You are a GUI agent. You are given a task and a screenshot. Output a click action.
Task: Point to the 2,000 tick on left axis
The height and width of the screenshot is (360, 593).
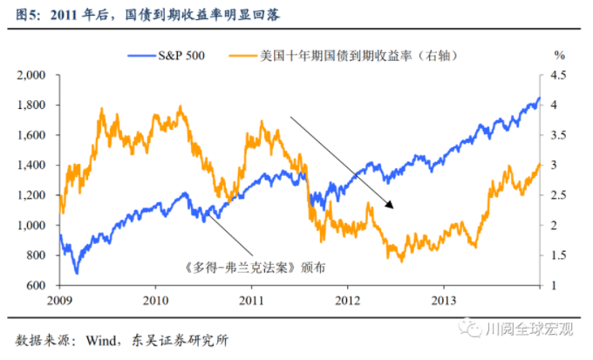tap(32, 75)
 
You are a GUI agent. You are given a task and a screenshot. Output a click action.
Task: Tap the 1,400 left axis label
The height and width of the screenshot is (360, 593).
tap(32, 165)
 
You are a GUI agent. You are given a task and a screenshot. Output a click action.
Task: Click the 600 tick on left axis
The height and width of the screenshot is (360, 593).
tap(37, 285)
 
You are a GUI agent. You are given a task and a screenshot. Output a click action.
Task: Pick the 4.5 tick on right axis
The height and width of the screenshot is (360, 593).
tap(559, 75)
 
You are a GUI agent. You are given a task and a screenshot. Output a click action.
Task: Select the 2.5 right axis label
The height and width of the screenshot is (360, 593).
tap(559, 195)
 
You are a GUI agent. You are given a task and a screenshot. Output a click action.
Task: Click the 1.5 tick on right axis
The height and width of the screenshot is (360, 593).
tap(559, 255)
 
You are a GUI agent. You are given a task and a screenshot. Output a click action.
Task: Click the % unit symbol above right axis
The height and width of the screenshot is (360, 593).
tap(559, 56)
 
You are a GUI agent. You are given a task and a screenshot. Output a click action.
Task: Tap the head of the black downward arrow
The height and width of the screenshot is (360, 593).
tap(393, 207)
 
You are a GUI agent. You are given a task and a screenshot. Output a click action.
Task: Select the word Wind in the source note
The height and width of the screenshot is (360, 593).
tap(99, 338)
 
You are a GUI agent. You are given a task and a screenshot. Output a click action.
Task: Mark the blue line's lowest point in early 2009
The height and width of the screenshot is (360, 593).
tap(77, 273)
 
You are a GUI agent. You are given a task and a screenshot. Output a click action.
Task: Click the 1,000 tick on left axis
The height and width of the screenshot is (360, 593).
tap(32, 225)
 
